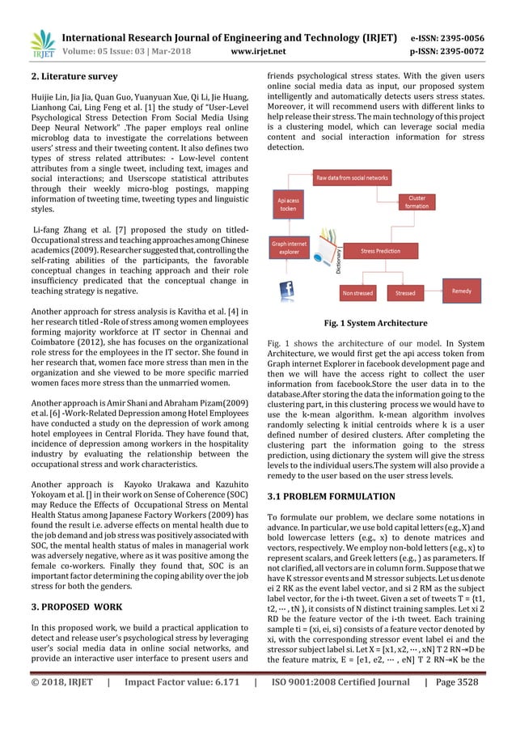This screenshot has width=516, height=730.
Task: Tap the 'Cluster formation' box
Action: (417, 202)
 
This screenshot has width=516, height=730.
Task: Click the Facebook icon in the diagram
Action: (285, 290)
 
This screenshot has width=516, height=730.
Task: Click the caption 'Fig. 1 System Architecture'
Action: (376, 324)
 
